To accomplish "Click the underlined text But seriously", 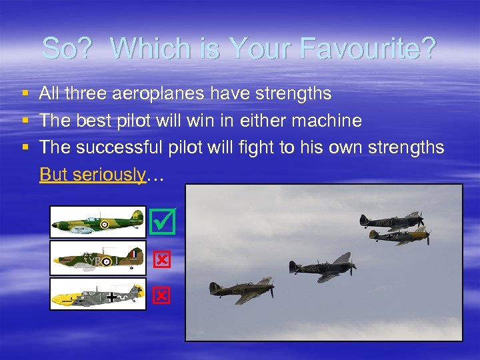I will [93, 175].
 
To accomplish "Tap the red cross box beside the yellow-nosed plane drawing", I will [162, 295].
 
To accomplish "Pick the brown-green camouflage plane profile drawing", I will [98, 258].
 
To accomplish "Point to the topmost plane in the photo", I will [391, 221].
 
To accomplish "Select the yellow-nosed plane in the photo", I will [400, 235].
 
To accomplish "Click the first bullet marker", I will [25, 94].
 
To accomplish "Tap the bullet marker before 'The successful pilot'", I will [25, 148].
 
